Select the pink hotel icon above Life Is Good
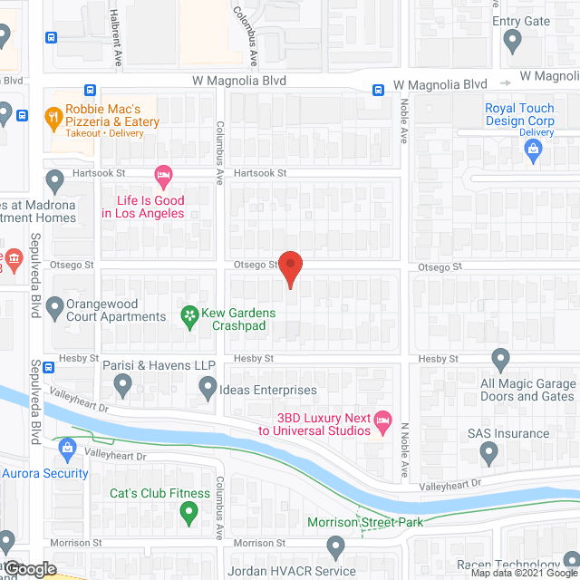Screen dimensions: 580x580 (163, 173)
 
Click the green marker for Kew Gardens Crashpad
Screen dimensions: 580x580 (189, 315)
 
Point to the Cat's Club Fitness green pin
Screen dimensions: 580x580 (188, 514)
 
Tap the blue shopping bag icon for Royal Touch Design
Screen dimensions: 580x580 (534, 150)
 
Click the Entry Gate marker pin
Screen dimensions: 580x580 (512, 41)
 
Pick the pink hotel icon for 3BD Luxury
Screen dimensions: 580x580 (383, 418)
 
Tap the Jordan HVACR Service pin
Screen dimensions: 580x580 (336, 546)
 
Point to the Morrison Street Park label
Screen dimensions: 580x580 (365, 522)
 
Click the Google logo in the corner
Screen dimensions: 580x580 (29, 568)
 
